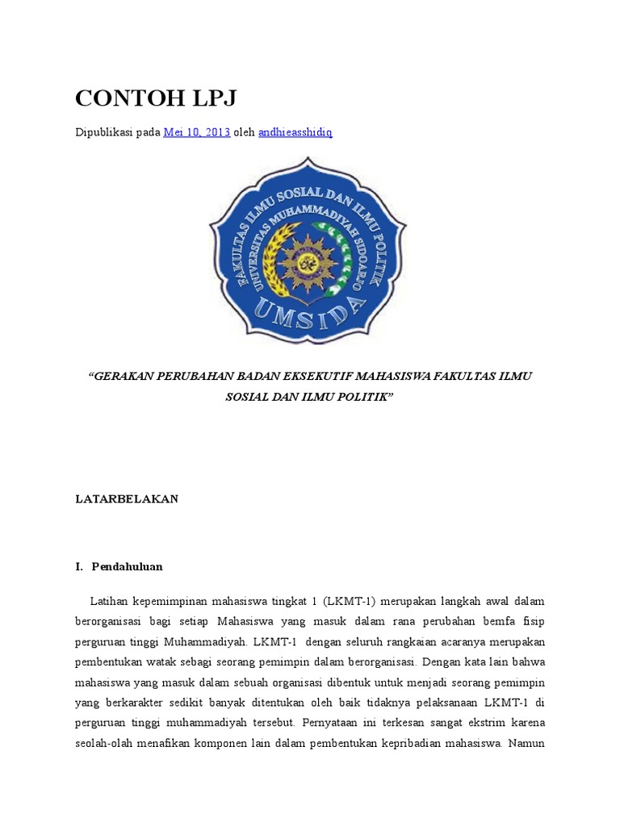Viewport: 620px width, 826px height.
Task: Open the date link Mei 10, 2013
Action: pos(197,132)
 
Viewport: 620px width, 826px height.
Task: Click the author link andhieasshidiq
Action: pos(295,132)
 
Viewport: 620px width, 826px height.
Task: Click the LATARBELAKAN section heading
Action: pos(126,499)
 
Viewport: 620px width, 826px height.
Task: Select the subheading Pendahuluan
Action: pos(127,566)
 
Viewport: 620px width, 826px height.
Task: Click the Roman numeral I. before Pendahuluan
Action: pos(79,566)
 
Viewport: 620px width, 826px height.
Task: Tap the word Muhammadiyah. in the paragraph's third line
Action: pos(212,641)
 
